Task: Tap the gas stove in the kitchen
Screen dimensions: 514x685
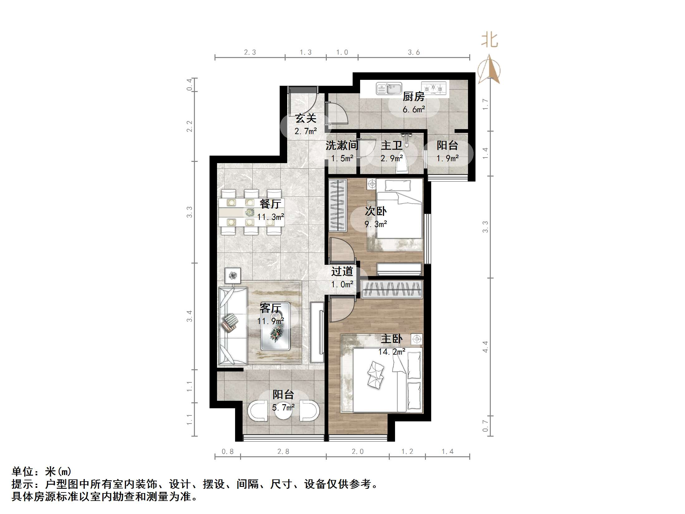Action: point(434,88)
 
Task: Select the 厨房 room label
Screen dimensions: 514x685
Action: point(413,97)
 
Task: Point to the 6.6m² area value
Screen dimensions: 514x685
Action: point(414,109)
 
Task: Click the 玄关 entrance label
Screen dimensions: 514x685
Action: point(306,118)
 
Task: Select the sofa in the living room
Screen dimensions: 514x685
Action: point(232,326)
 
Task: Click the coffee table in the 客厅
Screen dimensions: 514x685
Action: point(276,326)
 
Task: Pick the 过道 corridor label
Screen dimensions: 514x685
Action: point(342,271)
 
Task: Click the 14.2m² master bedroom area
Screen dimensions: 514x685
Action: point(392,352)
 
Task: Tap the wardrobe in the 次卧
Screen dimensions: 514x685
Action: point(338,205)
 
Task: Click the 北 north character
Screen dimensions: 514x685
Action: point(490,41)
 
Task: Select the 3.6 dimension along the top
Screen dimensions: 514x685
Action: point(414,52)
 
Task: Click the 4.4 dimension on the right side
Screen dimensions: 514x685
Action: point(485,347)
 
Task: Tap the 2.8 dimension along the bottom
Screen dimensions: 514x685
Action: point(283,451)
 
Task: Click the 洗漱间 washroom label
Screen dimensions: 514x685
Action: point(342,145)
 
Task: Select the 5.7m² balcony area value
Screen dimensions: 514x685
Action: point(283,407)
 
